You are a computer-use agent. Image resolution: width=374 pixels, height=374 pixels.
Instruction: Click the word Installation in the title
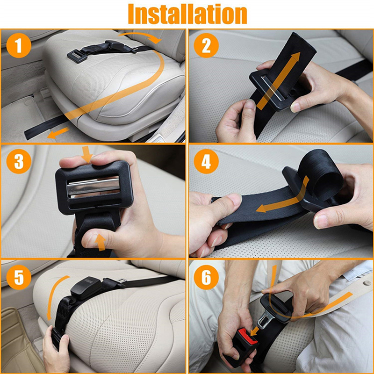(x=187, y=14)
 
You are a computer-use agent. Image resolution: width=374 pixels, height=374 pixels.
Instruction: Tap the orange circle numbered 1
(x=19, y=45)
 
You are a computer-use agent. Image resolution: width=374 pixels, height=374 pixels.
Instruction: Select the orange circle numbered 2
(x=206, y=45)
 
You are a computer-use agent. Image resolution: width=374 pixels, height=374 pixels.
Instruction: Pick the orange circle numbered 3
(x=19, y=161)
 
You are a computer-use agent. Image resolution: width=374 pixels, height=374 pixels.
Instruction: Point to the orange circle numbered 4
(x=206, y=161)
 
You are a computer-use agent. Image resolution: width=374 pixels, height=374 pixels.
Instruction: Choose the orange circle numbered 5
(x=19, y=277)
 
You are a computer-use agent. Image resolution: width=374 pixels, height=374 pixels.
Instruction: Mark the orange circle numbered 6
(x=206, y=277)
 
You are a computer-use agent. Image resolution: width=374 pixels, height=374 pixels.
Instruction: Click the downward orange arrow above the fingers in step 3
(x=87, y=154)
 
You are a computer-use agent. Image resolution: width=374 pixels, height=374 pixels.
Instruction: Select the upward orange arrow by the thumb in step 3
(x=101, y=242)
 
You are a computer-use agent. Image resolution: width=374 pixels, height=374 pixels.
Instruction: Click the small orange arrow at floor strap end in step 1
(x=58, y=133)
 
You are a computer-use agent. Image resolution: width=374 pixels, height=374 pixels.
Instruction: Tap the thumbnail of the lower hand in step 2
(x=250, y=104)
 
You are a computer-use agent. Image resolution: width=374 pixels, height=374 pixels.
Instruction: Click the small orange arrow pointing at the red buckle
(x=254, y=331)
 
